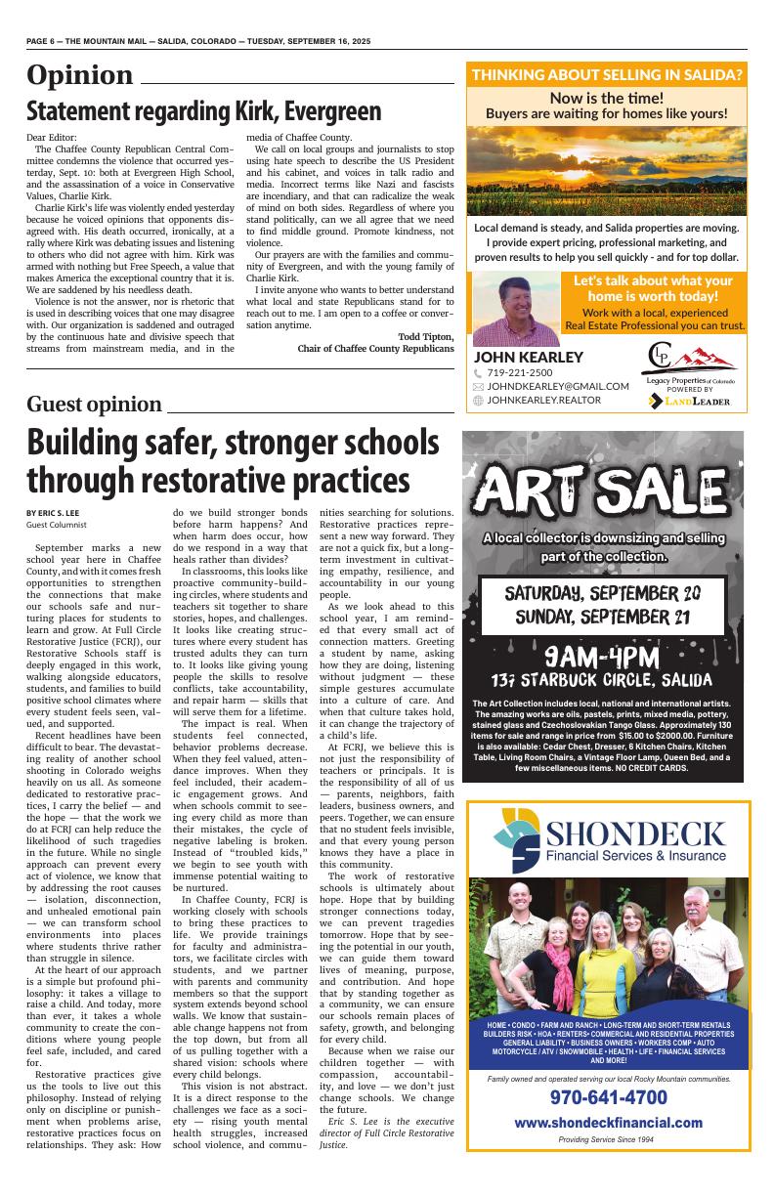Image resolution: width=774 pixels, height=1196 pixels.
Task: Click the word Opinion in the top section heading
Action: click(x=80, y=75)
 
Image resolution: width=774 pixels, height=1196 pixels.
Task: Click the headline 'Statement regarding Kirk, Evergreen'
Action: click(x=204, y=110)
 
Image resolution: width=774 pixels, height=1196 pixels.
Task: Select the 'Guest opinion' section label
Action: click(x=94, y=405)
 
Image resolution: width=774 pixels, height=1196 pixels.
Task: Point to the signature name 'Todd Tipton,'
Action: click(x=426, y=336)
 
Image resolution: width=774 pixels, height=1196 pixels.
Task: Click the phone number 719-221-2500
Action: click(x=519, y=372)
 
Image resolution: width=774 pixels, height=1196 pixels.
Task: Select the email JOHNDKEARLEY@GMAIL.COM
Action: click(x=557, y=386)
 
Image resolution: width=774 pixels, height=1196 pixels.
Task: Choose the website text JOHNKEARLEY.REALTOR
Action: click(x=543, y=400)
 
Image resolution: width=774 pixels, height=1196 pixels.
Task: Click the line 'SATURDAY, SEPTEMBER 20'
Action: click(x=603, y=593)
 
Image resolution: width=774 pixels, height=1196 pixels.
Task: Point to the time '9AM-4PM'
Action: click(x=603, y=656)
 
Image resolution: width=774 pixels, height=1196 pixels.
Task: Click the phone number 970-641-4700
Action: click(x=608, y=1096)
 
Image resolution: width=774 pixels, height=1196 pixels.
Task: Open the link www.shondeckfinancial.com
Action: click(x=608, y=1122)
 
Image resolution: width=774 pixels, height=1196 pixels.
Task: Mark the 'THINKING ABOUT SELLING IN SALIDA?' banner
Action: click(x=606, y=74)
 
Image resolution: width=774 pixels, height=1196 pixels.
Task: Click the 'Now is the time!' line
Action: click(x=606, y=98)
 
